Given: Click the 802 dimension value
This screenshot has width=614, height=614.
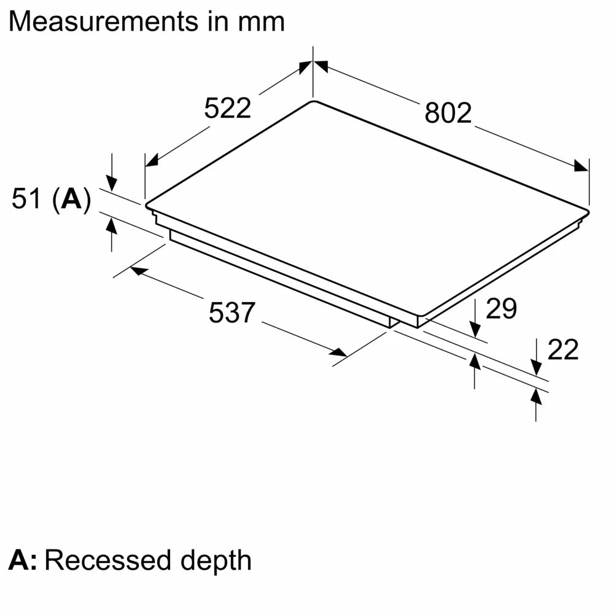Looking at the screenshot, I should pyautogui.click(x=448, y=114).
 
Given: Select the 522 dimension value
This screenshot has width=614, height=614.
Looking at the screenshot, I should pyautogui.click(x=228, y=109).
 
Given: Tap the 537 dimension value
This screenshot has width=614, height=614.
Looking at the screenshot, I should pyautogui.click(x=231, y=313).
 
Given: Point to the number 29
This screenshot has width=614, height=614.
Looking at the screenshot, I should pyautogui.click(x=501, y=309).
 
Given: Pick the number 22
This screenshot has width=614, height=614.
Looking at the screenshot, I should pyautogui.click(x=562, y=350).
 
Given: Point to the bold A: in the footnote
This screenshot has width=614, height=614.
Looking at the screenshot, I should pyautogui.click(x=22, y=561).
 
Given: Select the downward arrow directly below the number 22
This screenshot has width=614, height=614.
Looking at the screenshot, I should pyautogui.click(x=537, y=368).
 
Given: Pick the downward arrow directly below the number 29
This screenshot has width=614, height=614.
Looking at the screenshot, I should pyautogui.click(x=475, y=330).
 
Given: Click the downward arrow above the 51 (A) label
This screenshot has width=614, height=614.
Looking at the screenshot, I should pyautogui.click(x=112, y=182).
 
